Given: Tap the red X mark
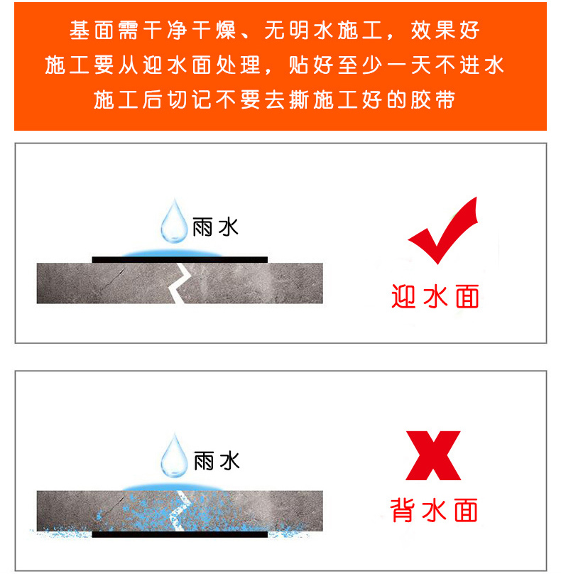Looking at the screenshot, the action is [433, 455].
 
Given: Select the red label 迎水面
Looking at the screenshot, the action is [435, 296].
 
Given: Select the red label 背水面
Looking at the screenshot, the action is [434, 509].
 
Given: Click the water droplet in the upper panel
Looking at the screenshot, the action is [174, 222].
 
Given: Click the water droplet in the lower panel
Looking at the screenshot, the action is [174, 456].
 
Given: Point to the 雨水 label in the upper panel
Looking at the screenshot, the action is [216, 227].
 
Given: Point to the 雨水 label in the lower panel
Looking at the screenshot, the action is [217, 461].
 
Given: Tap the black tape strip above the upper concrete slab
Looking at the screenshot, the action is [180, 259].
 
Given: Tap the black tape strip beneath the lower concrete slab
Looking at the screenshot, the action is [180, 534].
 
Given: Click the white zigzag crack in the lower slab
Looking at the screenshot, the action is [179, 511].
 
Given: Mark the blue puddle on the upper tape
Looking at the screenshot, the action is [172, 254].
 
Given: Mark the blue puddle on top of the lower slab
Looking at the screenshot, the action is [173, 487].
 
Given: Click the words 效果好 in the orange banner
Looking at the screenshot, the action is [445, 31].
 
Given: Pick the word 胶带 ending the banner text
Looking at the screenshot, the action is [433, 99].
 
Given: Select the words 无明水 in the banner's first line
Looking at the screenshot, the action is [299, 31].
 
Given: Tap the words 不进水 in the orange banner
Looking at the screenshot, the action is [469, 65].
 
